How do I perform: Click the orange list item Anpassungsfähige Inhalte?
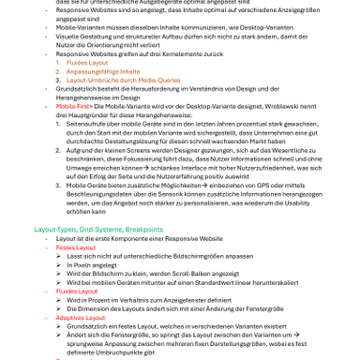pos(103,71)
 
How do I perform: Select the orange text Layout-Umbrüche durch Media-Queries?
pos(123,80)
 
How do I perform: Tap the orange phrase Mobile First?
pos(72,106)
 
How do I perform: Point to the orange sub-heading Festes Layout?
pos(76,247)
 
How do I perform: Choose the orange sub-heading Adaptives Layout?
pos(81,317)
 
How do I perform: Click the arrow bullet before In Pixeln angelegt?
pos(58,264)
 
